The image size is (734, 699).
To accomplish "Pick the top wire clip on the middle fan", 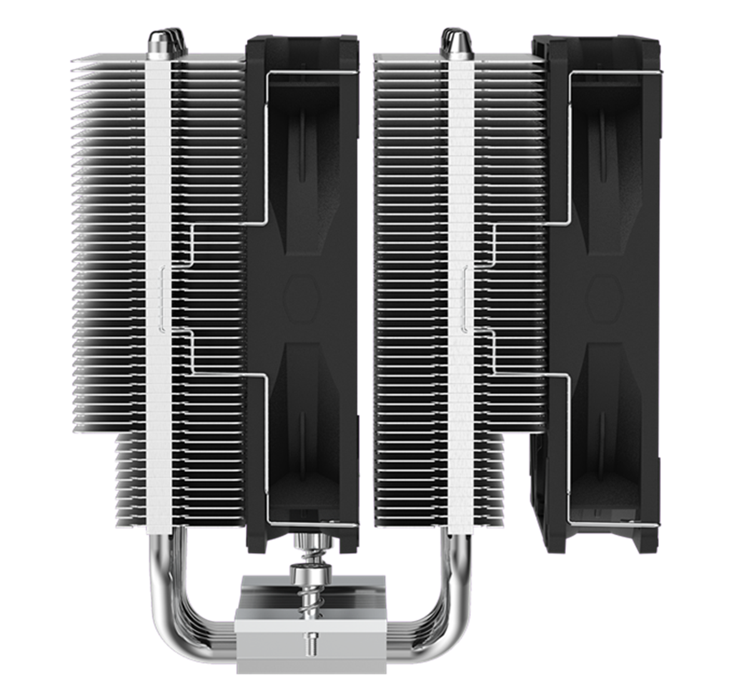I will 312,74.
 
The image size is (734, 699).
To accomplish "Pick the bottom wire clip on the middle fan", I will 312,524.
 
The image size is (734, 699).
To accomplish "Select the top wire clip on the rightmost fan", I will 615,74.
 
